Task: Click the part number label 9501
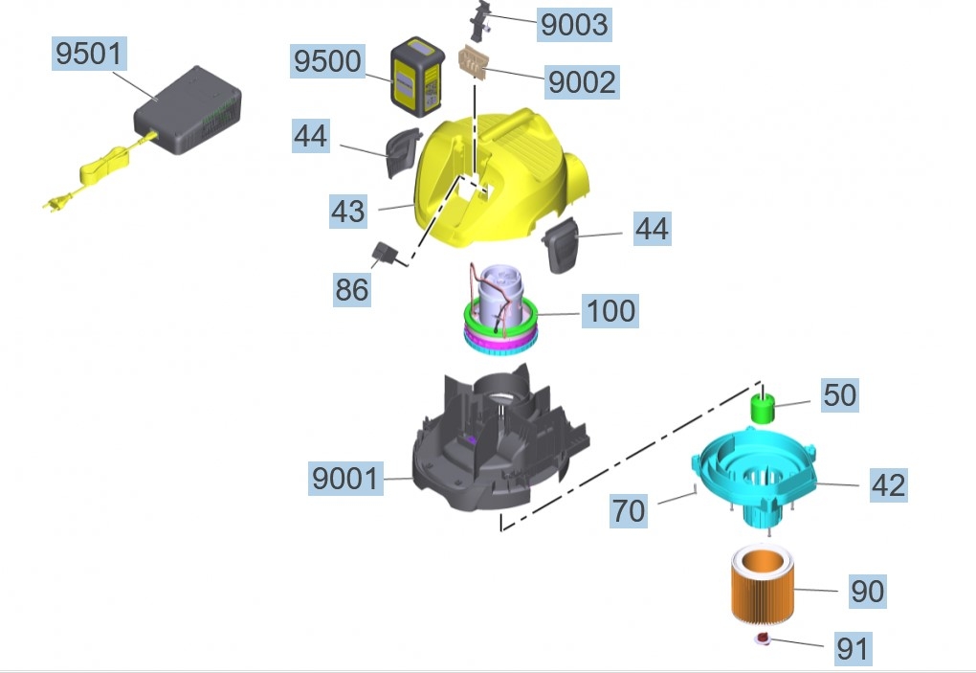point(89,54)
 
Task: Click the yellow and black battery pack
point(417,77)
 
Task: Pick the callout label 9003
point(574,25)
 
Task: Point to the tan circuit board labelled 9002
point(474,62)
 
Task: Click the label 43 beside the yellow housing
point(348,211)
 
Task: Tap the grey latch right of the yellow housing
point(560,245)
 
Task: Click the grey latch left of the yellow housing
point(402,151)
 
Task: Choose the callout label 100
point(610,311)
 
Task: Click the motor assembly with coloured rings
point(500,309)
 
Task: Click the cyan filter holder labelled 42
point(753,475)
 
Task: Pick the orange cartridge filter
point(762,583)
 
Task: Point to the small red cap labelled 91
point(763,638)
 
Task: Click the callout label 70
point(628,511)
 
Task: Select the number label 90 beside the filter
point(868,592)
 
